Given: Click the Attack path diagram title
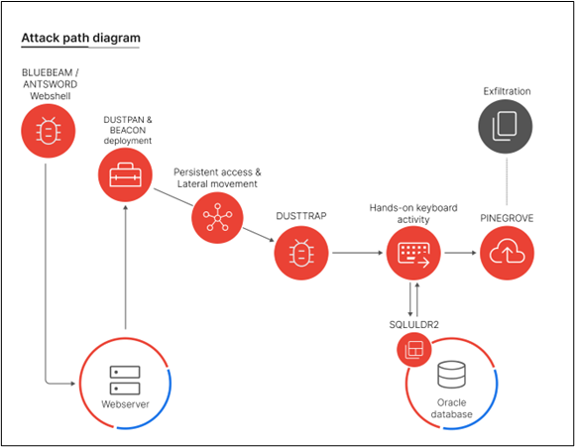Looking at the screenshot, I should coord(80,39).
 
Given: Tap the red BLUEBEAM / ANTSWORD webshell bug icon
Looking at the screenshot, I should coord(46,129).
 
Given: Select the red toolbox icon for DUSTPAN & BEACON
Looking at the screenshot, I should coord(125,174).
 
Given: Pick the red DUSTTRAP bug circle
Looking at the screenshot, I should coord(302,254).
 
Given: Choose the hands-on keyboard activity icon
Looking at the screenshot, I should coord(411,253).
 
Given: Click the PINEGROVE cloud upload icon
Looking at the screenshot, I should coord(508,253).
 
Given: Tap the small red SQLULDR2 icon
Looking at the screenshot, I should coord(412,348).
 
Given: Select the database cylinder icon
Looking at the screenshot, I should coord(452,376).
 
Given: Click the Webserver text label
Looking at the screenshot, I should coord(125,404).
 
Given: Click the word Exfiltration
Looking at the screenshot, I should coord(508,91).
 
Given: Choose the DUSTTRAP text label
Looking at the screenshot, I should coord(302,214).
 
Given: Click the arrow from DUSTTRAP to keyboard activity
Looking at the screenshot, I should coord(357,254).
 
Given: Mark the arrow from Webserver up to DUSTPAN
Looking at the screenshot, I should coord(125,268).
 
